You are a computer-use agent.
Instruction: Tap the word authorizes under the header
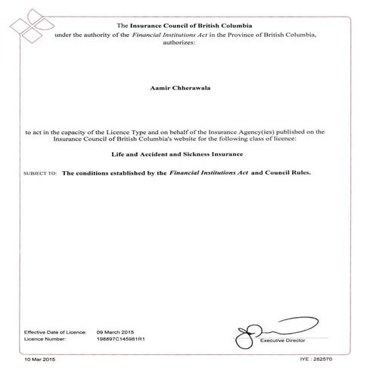184,43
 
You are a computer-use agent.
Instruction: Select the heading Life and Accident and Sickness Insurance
184,154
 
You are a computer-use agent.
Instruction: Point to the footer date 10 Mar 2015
39,357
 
